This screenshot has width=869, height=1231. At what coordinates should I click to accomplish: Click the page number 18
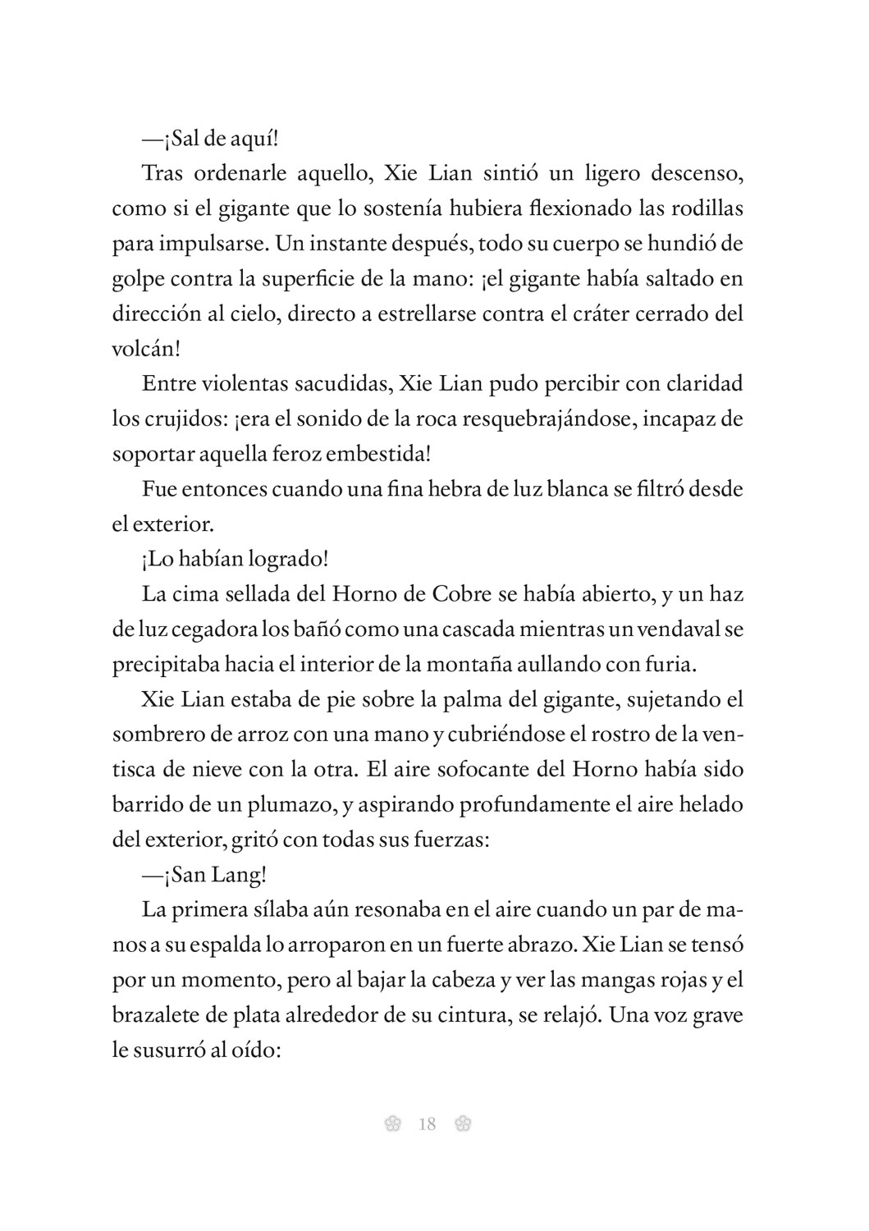click(427, 1124)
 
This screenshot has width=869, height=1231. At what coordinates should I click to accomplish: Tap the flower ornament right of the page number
click(462, 1124)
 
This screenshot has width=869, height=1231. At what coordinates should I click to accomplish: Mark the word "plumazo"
click(290, 804)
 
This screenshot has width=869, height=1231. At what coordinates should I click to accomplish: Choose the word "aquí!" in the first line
click(254, 139)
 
